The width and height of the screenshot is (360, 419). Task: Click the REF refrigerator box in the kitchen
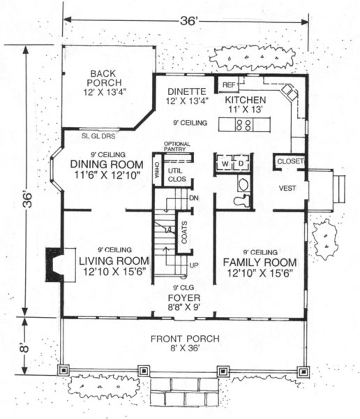point(228,85)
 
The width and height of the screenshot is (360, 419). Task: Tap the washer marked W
point(225,163)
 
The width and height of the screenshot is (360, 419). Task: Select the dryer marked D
point(241,163)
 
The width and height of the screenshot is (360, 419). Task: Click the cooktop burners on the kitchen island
point(243,125)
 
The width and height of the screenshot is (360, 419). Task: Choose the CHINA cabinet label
point(157,169)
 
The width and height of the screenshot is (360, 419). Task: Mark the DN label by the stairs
point(194,198)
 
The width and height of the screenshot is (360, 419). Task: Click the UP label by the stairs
point(194,265)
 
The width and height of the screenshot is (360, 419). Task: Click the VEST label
point(287,188)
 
